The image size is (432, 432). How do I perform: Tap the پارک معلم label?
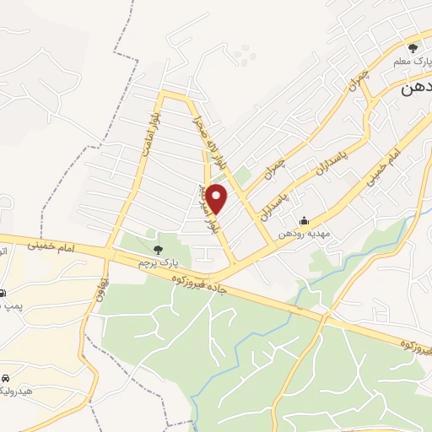(x=410, y=63)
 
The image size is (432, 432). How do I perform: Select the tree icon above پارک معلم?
(x=413, y=48)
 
